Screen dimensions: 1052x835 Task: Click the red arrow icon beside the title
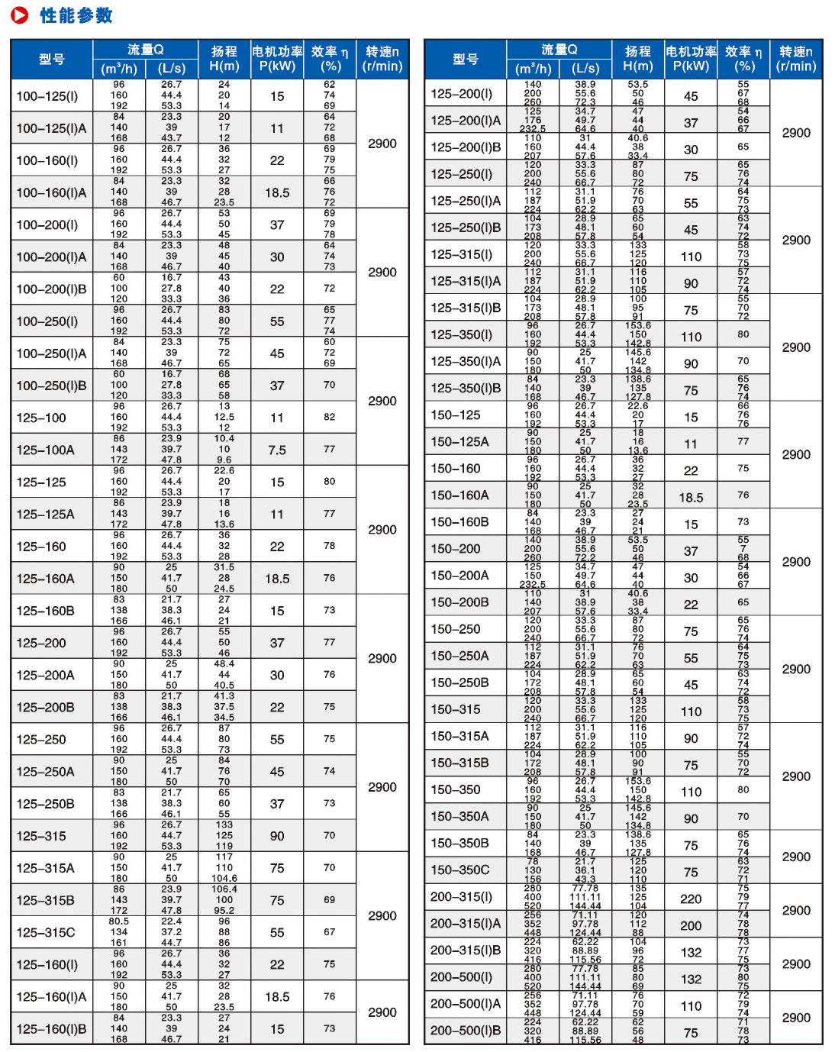[x=20, y=15]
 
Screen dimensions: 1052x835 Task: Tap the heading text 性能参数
[x=76, y=15]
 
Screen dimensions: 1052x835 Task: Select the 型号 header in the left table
[x=52, y=60]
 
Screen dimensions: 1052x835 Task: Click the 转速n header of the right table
[x=796, y=59]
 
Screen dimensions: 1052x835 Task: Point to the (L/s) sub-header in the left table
[x=172, y=69]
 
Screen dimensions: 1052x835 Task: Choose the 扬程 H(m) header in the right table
[x=638, y=59]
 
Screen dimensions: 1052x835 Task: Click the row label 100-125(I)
[x=47, y=96]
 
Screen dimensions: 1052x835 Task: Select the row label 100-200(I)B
[x=51, y=289]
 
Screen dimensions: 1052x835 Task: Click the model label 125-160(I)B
[x=51, y=1029]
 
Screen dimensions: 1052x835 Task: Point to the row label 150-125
[x=456, y=415]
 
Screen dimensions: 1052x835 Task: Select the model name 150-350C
[x=460, y=870]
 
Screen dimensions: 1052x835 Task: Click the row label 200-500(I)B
[x=466, y=1031]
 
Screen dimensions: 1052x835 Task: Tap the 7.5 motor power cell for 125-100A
[x=277, y=450]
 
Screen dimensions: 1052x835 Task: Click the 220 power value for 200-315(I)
[x=691, y=899]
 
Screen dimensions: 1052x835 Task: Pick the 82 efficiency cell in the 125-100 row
[x=330, y=418]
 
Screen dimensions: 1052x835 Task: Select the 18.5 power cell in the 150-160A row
[x=691, y=498]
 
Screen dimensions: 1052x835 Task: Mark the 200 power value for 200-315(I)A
[x=691, y=926]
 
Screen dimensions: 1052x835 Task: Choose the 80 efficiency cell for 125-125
[x=330, y=482]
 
